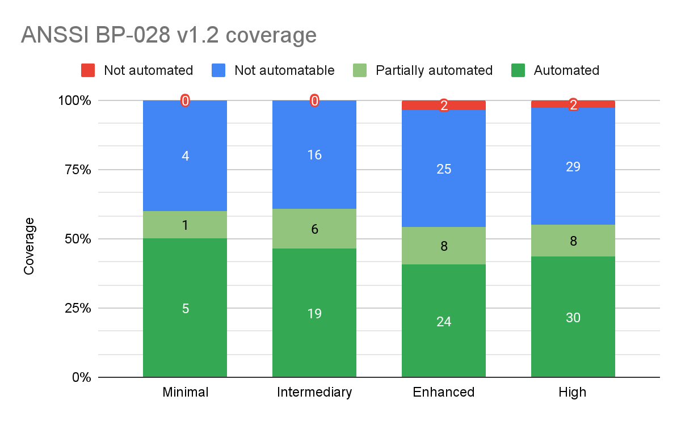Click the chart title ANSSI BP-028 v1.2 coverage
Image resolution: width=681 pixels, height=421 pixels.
169,35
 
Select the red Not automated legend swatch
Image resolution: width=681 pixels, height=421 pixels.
88,70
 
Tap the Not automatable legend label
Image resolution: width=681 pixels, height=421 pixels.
284,70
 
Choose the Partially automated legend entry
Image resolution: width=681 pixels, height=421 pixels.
434,70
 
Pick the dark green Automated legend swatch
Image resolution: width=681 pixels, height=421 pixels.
518,70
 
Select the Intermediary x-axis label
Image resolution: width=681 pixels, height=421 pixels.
314,392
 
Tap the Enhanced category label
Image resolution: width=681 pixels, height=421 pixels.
444,392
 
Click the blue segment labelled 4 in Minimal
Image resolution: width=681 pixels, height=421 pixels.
185,155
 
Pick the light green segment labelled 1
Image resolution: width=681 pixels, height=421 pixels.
185,225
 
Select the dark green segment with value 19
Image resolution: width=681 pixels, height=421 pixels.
314,313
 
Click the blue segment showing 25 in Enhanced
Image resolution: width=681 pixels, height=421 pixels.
444,169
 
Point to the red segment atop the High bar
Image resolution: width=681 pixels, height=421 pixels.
573,104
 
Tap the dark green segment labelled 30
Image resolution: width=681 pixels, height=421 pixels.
573,317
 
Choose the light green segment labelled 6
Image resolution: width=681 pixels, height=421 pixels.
314,229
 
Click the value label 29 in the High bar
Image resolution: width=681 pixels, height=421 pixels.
573,166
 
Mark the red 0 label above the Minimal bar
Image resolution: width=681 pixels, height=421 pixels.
185,102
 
